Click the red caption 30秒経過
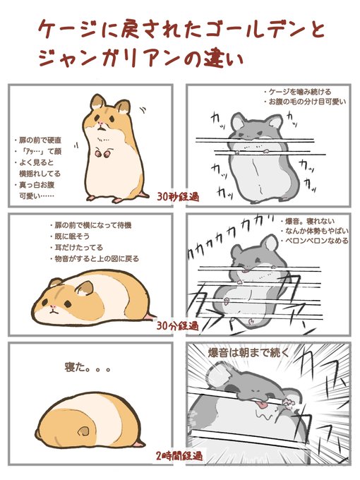coord(178,196)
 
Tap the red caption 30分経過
coord(178,326)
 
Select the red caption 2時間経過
coord(179,457)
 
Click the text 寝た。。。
coord(88,367)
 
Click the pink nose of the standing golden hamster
coord(100,124)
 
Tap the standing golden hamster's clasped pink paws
coord(102,153)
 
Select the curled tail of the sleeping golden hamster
coord(83,431)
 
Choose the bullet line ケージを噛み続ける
coord(297,92)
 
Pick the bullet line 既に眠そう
coord(70,236)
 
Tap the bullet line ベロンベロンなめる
coord(314,241)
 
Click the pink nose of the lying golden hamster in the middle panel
coord(53,307)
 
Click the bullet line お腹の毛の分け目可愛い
coord(305,102)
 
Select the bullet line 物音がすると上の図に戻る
coord(95,259)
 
